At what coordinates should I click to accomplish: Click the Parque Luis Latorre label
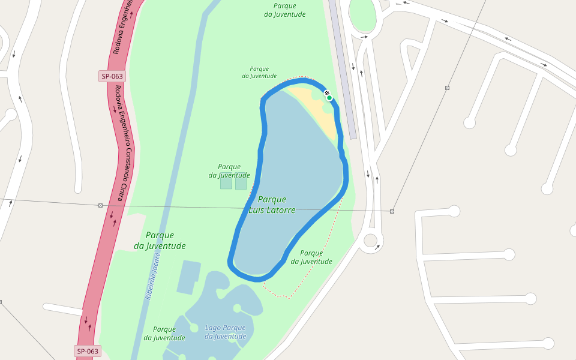point(272,205)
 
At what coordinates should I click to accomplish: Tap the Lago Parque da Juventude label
point(226,332)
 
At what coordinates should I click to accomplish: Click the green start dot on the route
point(329,98)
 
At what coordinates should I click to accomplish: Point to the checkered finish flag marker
point(326,93)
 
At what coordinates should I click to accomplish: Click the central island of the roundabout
point(370,241)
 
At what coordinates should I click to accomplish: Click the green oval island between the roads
point(362,14)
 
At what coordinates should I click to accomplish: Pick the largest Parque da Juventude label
point(160,241)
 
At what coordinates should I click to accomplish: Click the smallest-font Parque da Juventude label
point(259,73)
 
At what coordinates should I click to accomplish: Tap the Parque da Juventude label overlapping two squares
point(229,171)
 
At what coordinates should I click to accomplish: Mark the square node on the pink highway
point(100,205)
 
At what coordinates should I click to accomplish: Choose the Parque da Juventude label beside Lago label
point(164,334)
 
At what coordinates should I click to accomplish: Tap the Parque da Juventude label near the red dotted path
point(311,257)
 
